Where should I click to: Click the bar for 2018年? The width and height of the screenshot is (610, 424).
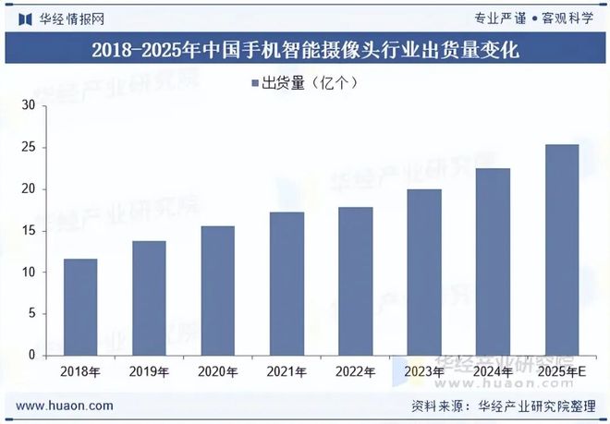[79, 307]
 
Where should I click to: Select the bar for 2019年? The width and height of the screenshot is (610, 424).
[149, 298]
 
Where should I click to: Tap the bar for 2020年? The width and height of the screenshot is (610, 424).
[217, 291]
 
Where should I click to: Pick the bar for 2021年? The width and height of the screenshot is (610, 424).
[287, 284]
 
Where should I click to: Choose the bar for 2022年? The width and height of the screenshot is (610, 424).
[355, 281]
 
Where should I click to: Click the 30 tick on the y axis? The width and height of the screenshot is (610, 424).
[28, 106]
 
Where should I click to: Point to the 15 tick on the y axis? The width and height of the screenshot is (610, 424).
[28, 231]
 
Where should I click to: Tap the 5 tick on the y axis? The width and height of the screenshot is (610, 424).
[30, 314]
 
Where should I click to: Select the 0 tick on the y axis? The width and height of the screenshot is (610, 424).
[30, 356]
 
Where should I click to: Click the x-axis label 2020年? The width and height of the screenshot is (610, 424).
[217, 371]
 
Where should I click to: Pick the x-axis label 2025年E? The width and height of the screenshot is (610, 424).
[562, 371]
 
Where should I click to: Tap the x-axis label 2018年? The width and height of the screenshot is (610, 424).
[79, 371]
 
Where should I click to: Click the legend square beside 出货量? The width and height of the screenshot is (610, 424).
[254, 84]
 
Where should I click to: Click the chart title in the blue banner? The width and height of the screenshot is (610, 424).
[305, 51]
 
